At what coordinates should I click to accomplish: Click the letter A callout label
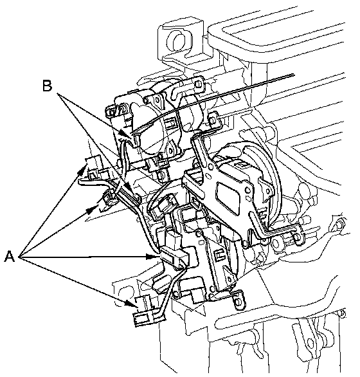click(x=10, y=256)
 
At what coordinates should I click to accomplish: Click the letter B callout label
click(x=48, y=86)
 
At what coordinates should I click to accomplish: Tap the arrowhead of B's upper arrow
click(x=124, y=133)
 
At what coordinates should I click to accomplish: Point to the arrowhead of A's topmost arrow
click(x=83, y=169)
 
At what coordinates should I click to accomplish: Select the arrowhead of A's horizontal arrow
click(x=152, y=257)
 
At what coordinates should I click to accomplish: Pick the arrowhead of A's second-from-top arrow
click(x=93, y=210)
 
